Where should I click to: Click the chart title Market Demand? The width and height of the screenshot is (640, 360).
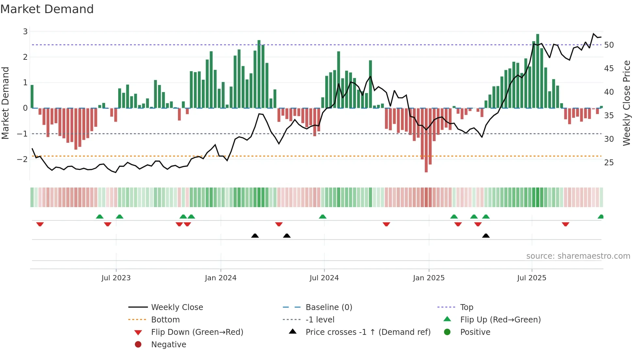coord(47,9)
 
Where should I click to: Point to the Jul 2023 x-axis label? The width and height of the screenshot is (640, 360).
coord(116,278)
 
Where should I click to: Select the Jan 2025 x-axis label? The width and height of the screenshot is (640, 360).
coord(428,278)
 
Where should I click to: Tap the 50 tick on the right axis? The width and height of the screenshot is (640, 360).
coord(609,45)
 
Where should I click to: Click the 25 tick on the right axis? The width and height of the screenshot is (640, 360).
coord(609,163)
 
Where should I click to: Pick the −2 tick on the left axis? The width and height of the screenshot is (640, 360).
coord(22,159)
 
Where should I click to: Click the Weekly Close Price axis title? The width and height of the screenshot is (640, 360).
coord(626,103)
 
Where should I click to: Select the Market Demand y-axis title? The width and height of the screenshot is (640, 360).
coord(6,103)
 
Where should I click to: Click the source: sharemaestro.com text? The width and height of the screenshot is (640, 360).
coord(578,256)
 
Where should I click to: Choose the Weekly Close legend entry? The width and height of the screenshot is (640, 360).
coord(177,307)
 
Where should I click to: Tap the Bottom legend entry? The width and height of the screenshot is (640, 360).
coord(165,320)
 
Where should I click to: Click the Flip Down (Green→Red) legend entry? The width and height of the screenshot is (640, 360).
coord(197,332)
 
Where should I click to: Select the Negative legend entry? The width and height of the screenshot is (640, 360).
coord(168,345)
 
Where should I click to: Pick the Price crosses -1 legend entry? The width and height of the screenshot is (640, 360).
coord(368,332)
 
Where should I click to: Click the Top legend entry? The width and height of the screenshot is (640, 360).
coord(466,307)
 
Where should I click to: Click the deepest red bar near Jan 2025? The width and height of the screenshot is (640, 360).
coord(426,140)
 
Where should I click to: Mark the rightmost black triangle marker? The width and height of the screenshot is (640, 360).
coord(486,236)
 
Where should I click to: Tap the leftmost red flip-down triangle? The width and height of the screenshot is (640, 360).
coord(40,224)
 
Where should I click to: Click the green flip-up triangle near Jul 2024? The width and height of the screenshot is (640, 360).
coord(323,217)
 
